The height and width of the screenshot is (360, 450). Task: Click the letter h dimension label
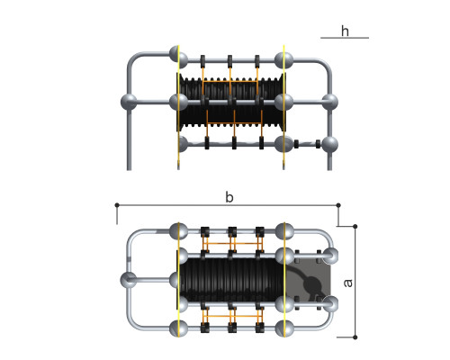click(345, 31)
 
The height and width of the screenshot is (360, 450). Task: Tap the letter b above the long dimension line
click(229, 197)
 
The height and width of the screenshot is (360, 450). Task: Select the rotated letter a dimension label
click(347, 283)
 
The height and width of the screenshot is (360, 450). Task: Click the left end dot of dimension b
click(117, 205)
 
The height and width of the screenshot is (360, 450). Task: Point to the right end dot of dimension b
click(338, 205)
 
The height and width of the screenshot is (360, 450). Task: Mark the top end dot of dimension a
click(355, 226)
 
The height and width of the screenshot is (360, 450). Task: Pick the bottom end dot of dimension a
click(355, 337)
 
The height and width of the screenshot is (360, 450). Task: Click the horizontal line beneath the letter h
click(345, 38)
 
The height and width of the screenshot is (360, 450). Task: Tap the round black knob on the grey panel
click(312, 283)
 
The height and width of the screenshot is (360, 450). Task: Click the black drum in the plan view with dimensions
click(230, 280)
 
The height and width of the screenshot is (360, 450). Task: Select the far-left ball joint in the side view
click(129, 102)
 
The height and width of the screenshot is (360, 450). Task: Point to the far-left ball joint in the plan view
click(128, 280)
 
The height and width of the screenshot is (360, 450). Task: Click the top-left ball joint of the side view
click(178, 54)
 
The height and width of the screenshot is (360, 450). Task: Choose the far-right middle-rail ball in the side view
click(330, 102)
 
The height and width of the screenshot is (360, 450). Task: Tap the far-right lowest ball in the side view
click(330, 144)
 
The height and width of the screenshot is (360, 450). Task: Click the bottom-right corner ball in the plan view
click(284, 328)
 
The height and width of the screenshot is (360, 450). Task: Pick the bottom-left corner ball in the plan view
click(179, 328)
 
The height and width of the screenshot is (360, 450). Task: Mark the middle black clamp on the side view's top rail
click(230, 61)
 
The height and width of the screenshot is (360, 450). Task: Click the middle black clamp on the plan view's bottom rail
click(232, 328)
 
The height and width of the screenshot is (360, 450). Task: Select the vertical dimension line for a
click(355, 282)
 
